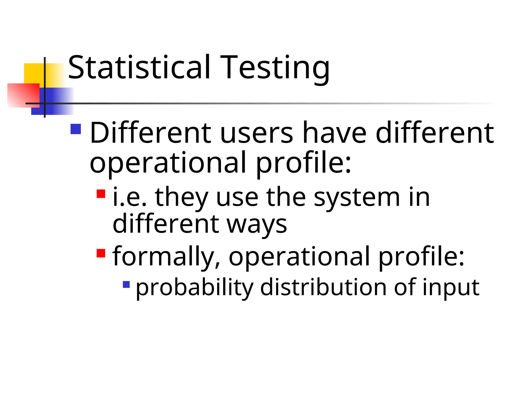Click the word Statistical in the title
pos(139,67)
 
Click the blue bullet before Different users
pos(76,129)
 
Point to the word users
pos(256,133)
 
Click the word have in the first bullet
pos(334,133)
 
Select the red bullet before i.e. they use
pos(101,194)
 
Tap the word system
pos(357,197)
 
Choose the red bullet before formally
pos(101,253)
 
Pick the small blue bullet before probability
pos(126,284)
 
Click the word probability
pos(195,287)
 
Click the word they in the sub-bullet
pos(181,197)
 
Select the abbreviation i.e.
pos(130,197)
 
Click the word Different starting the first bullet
pos(151,133)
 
